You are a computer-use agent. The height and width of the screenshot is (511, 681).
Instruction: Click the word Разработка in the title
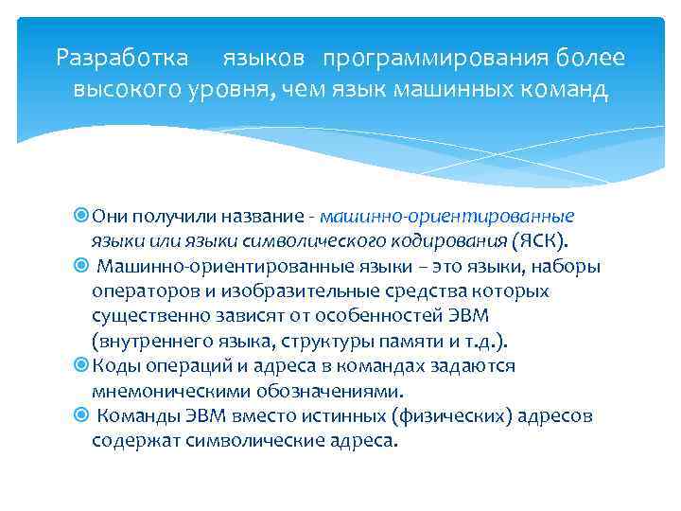(x=121, y=58)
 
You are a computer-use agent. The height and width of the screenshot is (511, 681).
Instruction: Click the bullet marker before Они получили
(x=81, y=216)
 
